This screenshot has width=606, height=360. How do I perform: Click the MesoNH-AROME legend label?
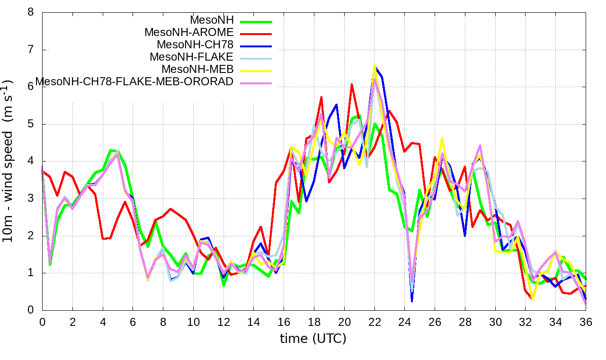pyautogui.click(x=189, y=33)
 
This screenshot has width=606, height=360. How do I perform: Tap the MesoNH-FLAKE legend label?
pyautogui.click(x=192, y=57)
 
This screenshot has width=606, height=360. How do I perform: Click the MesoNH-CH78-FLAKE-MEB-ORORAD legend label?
pyautogui.click(x=135, y=81)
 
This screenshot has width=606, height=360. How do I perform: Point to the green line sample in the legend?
pyautogui.click(x=256, y=21)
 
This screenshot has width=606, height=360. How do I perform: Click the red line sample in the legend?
pyautogui.click(x=256, y=33)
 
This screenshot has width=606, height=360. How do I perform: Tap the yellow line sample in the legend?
pyautogui.click(x=256, y=70)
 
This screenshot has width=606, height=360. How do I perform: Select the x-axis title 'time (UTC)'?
pyautogui.click(x=313, y=339)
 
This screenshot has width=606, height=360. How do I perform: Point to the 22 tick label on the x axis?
pyautogui.click(x=374, y=322)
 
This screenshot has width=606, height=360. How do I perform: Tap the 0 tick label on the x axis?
pyautogui.click(x=42, y=322)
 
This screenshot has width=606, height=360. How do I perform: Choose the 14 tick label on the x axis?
pyautogui.click(x=254, y=322)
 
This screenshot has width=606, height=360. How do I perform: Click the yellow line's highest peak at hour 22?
pyautogui.click(x=374, y=64)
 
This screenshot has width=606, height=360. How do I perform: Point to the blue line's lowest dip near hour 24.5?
pyautogui.click(x=412, y=301)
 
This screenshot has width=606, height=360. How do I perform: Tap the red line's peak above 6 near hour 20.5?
pyautogui.click(x=352, y=84)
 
